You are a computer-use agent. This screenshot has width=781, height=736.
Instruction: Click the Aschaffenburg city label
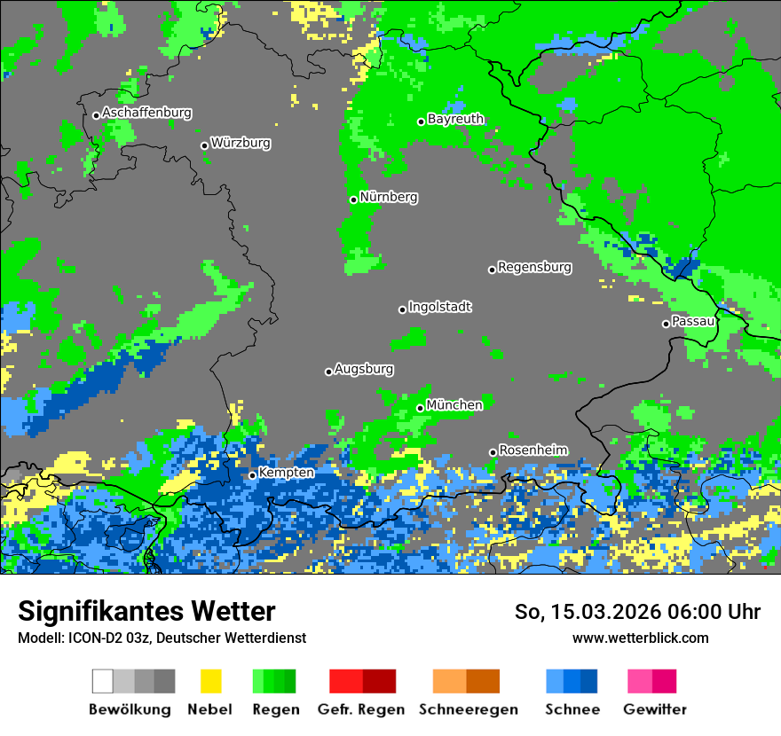coord(146,113)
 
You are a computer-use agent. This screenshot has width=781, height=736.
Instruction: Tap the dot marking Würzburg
coord(204,145)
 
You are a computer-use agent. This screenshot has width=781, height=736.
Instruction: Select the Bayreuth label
coord(455,118)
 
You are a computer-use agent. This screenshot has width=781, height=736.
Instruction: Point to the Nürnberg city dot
coord(353,200)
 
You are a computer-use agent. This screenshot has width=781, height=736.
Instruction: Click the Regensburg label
coord(534,266)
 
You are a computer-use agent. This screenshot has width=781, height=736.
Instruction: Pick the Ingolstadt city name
coord(439,307)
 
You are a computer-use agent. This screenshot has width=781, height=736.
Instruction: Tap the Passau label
coord(693,321)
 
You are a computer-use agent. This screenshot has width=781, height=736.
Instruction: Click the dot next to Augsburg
coord(328,372)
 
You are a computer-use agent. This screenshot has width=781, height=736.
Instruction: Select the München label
coord(454,404)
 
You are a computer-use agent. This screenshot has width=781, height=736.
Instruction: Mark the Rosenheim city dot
coord(493,452)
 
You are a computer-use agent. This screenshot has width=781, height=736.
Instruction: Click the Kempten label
coord(286,473)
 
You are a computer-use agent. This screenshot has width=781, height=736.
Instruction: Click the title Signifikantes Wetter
coord(146,611)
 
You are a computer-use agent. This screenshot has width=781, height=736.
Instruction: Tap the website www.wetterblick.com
coord(640,638)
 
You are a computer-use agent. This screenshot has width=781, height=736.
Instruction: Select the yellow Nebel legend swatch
coord(210,681)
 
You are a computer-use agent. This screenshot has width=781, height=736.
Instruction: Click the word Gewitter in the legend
coord(654,709)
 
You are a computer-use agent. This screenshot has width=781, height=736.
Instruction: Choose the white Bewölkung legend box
coord(103,681)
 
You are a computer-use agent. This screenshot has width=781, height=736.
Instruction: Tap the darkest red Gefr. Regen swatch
coord(379,681)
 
